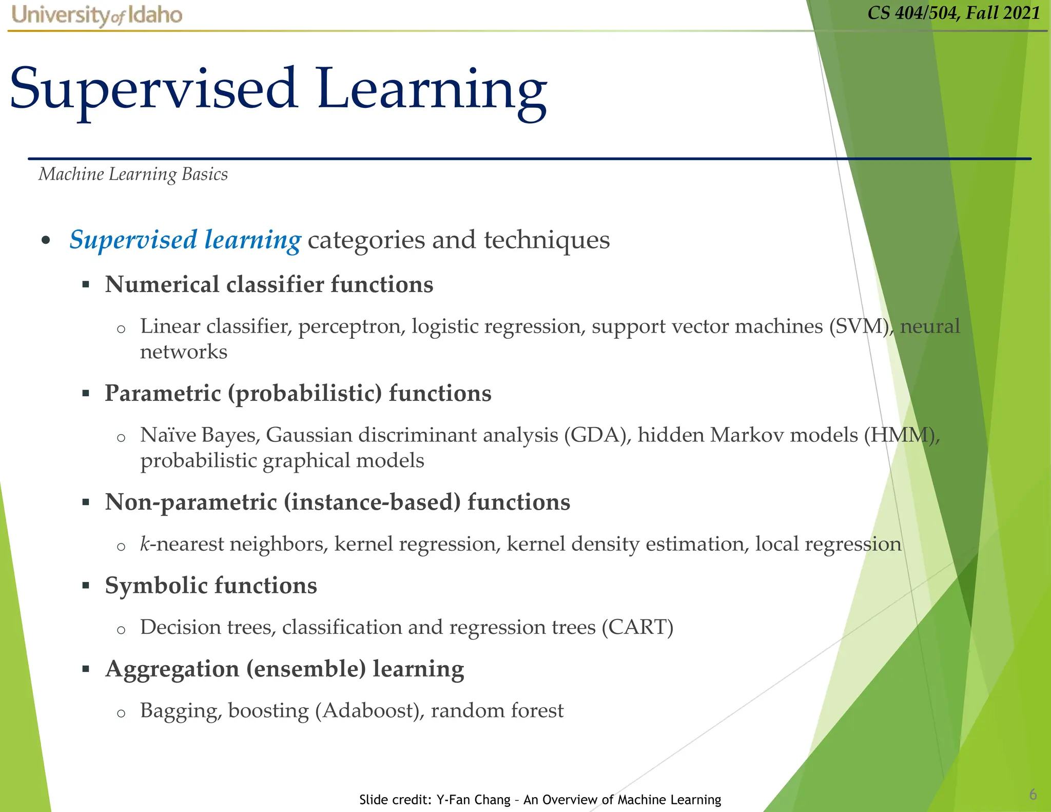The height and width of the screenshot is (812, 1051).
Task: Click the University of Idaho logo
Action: pos(96,15)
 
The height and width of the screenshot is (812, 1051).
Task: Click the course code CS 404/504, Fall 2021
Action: pos(953,13)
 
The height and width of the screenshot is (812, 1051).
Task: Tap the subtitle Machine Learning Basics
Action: pos(133,175)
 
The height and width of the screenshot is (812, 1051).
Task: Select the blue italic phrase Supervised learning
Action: pos(185,240)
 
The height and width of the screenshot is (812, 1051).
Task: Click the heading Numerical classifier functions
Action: pos(269,284)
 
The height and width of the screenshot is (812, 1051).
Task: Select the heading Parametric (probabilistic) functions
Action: pos(298,393)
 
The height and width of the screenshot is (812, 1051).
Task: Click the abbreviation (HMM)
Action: pos(901,435)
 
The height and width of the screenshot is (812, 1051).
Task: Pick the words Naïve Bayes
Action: pos(200,435)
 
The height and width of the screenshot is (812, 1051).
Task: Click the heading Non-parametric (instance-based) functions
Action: pos(337,502)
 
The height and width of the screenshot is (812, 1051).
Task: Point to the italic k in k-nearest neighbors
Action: pos(145,544)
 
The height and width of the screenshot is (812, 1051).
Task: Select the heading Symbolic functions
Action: pos(210,586)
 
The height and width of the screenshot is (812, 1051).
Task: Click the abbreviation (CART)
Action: pos(637,627)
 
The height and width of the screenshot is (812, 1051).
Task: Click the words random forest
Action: pos(497,711)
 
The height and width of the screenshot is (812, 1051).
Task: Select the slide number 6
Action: pos(1033,795)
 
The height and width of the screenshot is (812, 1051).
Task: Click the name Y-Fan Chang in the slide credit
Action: pos(473,800)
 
